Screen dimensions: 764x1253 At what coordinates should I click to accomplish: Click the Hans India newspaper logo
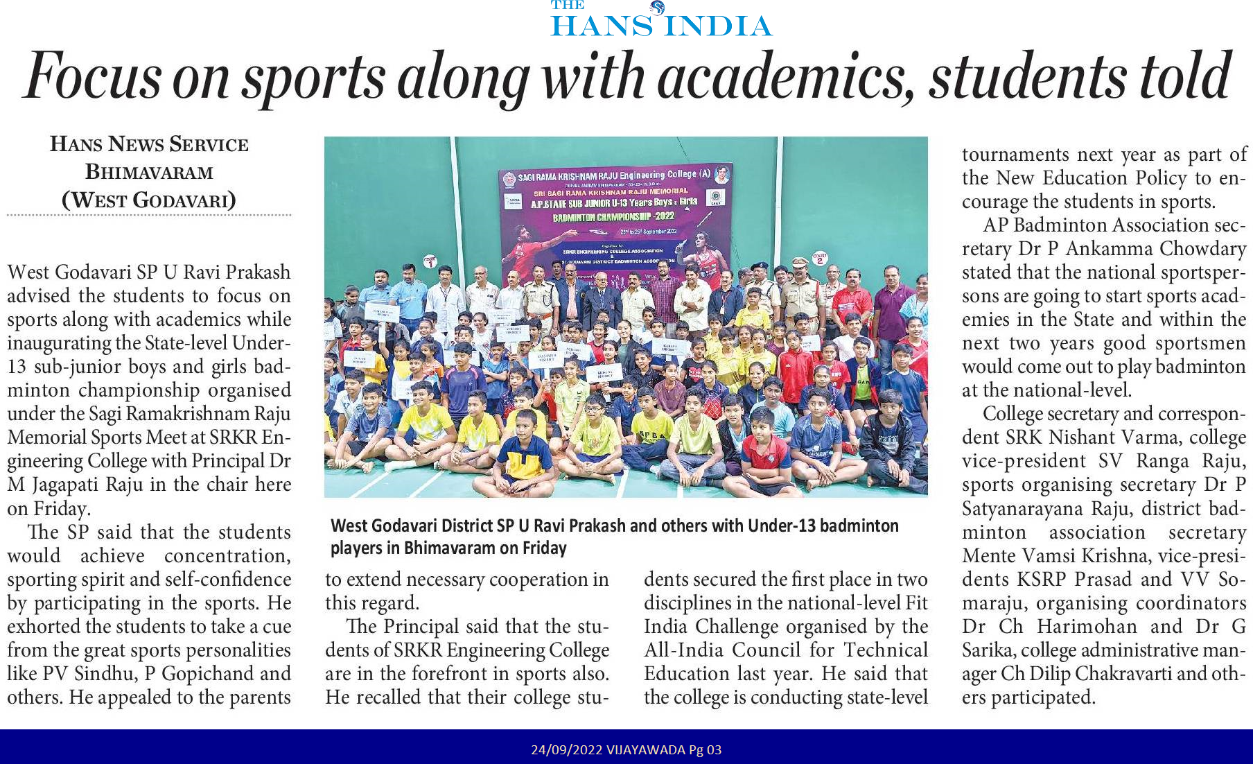[x=660, y=19]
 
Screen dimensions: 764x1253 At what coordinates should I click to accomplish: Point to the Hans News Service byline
[x=149, y=144]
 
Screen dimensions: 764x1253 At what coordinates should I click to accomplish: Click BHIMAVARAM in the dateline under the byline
[x=149, y=172]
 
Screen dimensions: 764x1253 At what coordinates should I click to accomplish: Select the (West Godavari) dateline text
[x=149, y=200]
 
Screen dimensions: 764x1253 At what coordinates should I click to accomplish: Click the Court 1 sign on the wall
[x=430, y=261]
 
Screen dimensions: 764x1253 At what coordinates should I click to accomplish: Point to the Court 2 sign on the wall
[x=820, y=258]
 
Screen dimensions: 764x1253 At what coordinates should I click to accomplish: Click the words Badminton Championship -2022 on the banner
[x=613, y=217]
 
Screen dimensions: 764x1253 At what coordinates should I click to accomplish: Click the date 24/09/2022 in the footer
[x=566, y=749]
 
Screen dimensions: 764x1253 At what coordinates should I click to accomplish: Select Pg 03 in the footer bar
[x=705, y=749]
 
